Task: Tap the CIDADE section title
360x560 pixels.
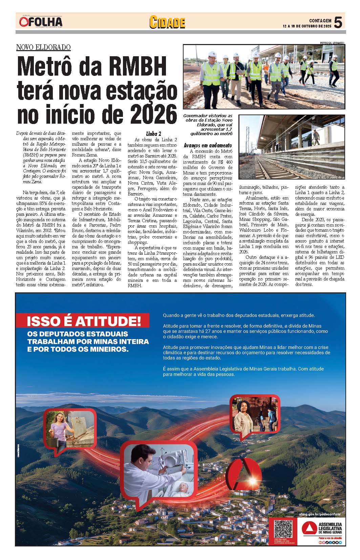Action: [x=167, y=22]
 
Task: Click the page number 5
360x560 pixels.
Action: [x=338, y=22]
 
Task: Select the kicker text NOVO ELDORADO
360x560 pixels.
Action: [x=43, y=47]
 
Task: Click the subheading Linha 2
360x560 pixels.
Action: [x=153, y=133]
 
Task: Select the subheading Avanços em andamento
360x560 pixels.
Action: [x=208, y=145]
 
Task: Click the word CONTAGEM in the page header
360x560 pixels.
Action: [x=320, y=20]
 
